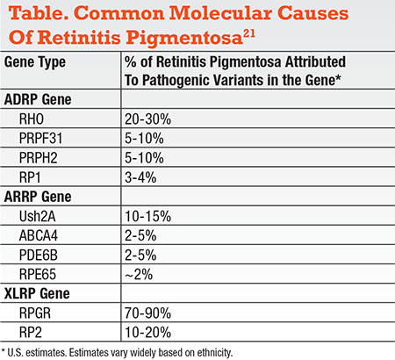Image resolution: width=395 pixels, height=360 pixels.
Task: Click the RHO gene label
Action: [x=32, y=119]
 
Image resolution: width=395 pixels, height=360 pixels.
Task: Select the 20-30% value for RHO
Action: [x=147, y=119]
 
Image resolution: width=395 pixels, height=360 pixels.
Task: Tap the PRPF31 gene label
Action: [x=40, y=139]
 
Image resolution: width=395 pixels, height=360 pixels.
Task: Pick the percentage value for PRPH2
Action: [x=144, y=158]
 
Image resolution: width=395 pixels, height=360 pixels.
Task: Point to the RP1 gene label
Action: [x=30, y=177]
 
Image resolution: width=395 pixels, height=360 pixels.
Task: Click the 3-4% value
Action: [x=140, y=177]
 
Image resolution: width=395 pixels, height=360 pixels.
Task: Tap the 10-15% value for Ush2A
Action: [x=147, y=216]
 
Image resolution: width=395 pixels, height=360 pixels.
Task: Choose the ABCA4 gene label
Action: [x=39, y=235]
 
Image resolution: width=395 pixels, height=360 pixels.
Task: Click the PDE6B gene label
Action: [x=38, y=255]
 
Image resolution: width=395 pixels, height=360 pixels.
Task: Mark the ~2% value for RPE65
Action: [x=139, y=275]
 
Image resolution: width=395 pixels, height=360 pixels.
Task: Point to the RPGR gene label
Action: [x=35, y=313]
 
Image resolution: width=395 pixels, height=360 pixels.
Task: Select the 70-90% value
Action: [x=147, y=313]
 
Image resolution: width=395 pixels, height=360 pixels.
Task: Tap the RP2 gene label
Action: [x=31, y=333]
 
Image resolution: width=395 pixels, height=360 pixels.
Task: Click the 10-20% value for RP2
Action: [x=147, y=333]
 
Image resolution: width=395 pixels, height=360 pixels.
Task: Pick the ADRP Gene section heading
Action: [x=38, y=99]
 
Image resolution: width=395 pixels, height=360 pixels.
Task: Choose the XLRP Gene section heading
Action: [x=37, y=293]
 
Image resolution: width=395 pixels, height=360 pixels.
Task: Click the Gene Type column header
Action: [x=35, y=62]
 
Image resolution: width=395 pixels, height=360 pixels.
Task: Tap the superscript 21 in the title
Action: [x=249, y=35]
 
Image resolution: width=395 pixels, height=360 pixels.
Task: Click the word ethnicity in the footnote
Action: [x=214, y=353]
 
